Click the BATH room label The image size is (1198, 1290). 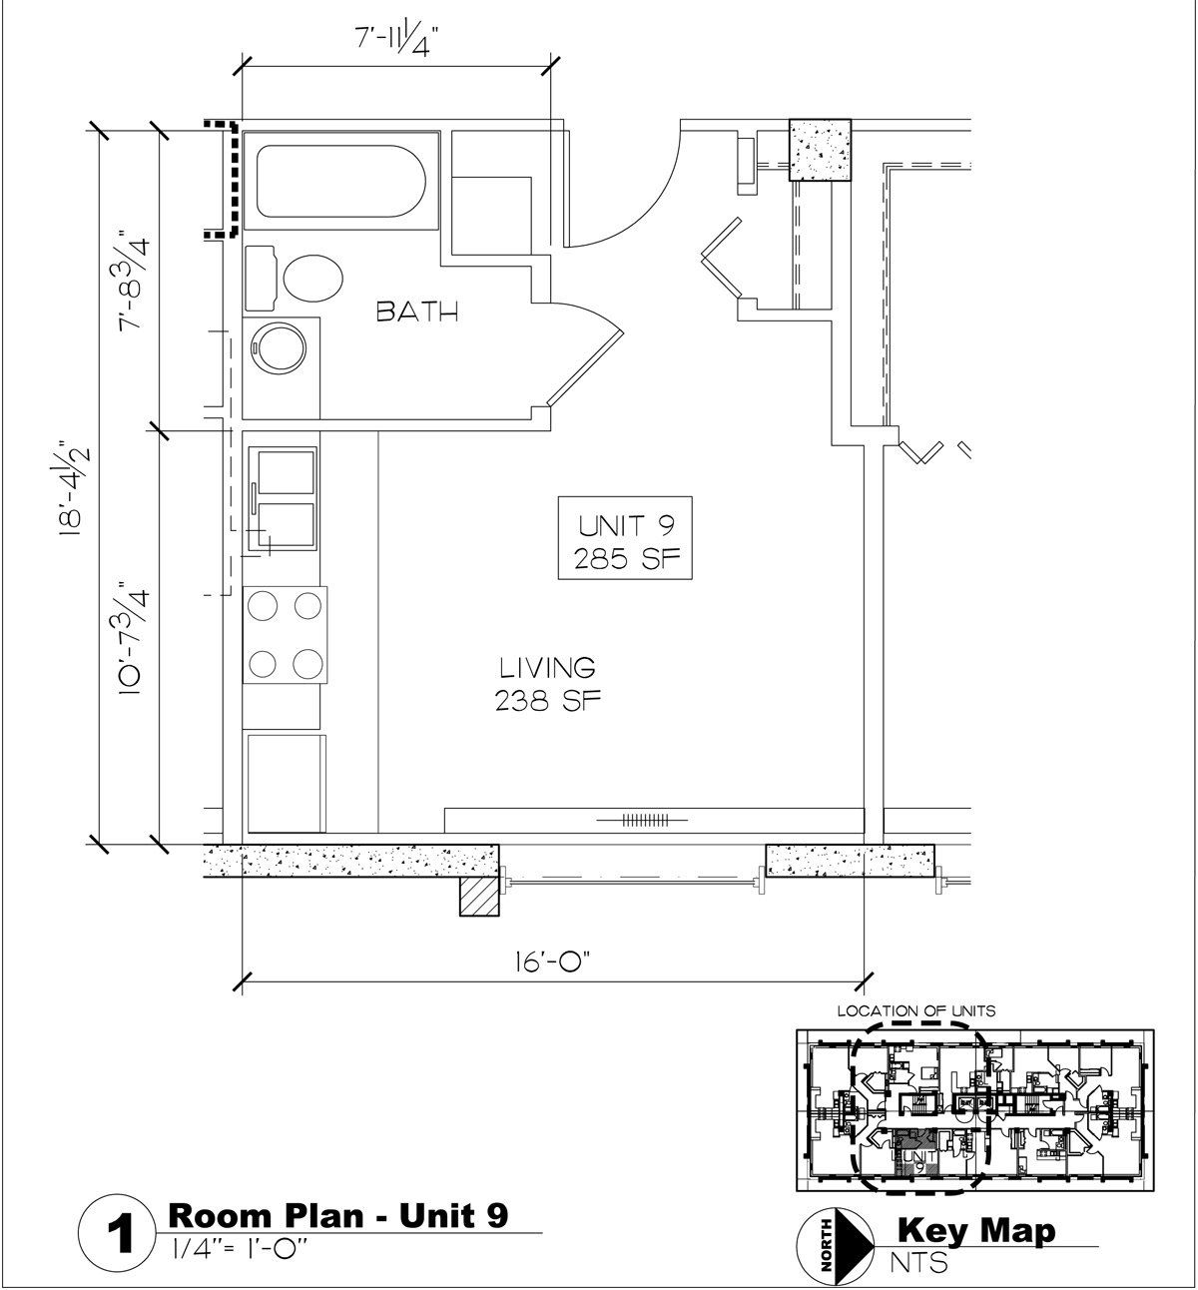point(417,313)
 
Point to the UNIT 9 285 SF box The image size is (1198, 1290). point(625,538)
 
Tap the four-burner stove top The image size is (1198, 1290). point(285,634)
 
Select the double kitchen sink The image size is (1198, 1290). point(283,499)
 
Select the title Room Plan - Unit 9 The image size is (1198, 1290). point(338,1215)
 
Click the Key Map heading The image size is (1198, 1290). point(975,1230)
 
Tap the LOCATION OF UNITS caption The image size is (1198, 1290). point(915,1010)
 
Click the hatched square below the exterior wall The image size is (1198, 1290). point(479,897)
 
